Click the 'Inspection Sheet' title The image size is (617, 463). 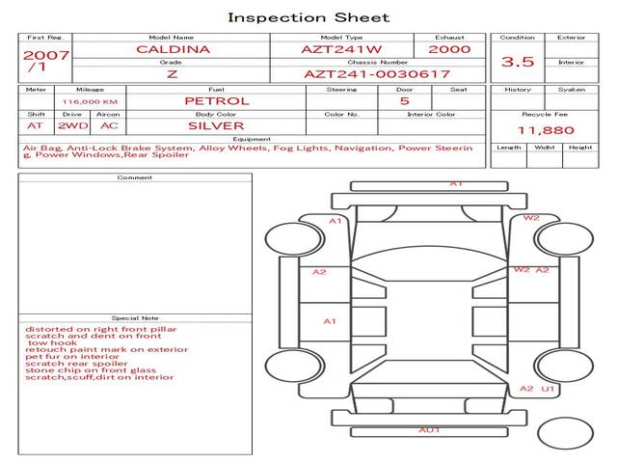pyautogui.click(x=308, y=16)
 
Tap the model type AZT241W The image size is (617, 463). pyautogui.click(x=340, y=49)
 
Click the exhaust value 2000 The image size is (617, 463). pyautogui.click(x=449, y=49)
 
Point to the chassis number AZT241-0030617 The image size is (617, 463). pyautogui.click(x=377, y=73)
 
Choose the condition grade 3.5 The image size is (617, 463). pyautogui.click(x=518, y=62)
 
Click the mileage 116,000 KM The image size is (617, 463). pyautogui.click(x=90, y=101)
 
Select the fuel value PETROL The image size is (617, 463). pyautogui.click(x=216, y=100)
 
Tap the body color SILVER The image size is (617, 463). pyautogui.click(x=216, y=125)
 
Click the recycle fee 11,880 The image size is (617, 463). pyautogui.click(x=547, y=130)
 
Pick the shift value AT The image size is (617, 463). pyautogui.click(x=36, y=125)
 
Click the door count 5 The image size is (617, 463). pyautogui.click(x=404, y=100)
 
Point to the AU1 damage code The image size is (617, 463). pyautogui.click(x=429, y=429)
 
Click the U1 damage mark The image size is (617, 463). pyautogui.click(x=548, y=389)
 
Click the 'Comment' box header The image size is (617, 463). pyautogui.click(x=135, y=177)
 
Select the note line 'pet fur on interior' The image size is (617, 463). pyautogui.click(x=68, y=356)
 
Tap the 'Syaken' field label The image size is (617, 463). pyautogui.click(x=572, y=90)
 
